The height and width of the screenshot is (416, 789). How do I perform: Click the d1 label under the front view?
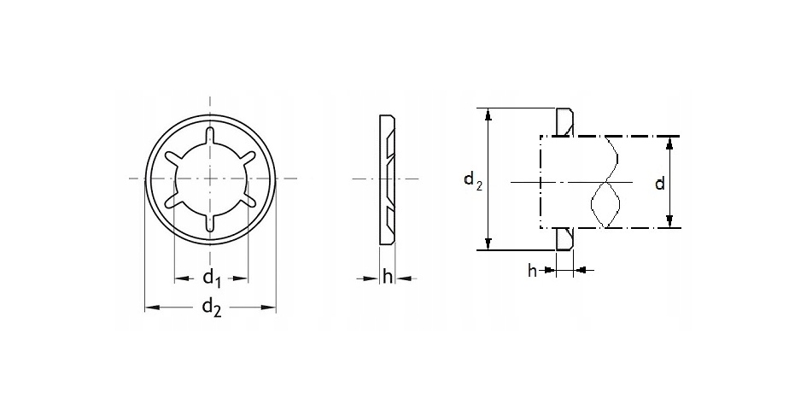click(212, 278)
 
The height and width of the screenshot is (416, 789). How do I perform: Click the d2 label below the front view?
click(212, 308)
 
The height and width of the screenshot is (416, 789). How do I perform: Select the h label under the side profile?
click(387, 277)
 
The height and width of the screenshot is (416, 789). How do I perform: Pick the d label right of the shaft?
click(660, 184)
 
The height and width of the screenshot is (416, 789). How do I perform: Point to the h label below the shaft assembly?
click(532, 271)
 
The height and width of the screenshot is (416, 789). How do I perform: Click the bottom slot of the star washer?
click(210, 221)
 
